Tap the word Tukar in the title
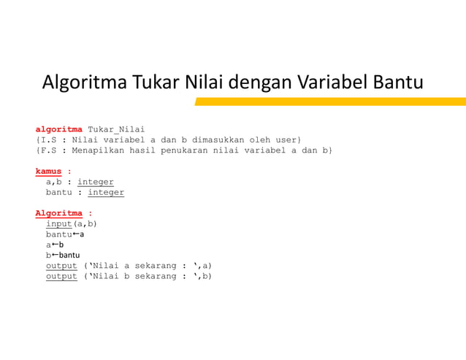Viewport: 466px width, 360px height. [156, 82]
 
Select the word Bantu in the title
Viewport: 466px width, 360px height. [398, 82]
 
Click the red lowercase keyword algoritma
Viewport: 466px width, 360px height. [58, 129]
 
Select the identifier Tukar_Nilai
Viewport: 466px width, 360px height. [116, 129]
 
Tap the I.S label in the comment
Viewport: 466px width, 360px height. [49, 139]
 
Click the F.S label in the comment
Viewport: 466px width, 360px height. [49, 150]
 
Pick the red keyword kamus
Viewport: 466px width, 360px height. [48, 172]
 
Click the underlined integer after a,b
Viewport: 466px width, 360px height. [96, 182]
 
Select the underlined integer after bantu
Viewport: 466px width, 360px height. [106, 193]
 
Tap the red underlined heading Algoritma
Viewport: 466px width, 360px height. [58, 213]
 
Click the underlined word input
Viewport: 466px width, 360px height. [59, 224]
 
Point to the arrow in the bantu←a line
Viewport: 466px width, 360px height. [76, 234]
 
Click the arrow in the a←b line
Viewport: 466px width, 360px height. [55, 245]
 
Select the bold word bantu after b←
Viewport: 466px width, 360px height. [69, 256]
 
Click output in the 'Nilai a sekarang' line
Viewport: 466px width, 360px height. [61, 266]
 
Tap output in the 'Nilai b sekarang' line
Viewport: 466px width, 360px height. [61, 277]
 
